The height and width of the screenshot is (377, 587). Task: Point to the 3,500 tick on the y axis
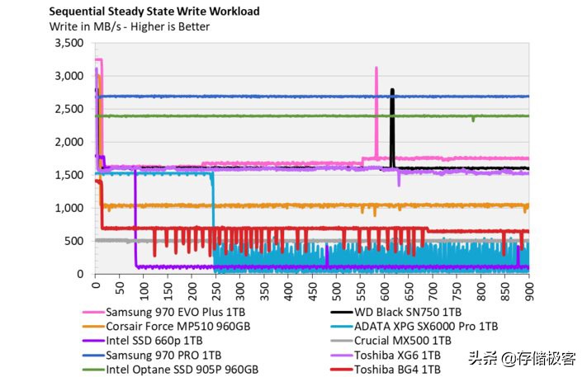(69, 43)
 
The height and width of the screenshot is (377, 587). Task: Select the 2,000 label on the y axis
(69, 142)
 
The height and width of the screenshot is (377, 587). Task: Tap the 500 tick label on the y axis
(74, 241)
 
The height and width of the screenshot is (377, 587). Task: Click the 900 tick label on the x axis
(528, 291)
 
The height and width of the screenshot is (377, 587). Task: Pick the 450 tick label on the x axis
(312, 291)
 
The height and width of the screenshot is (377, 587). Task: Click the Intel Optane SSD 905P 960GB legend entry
(181, 369)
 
